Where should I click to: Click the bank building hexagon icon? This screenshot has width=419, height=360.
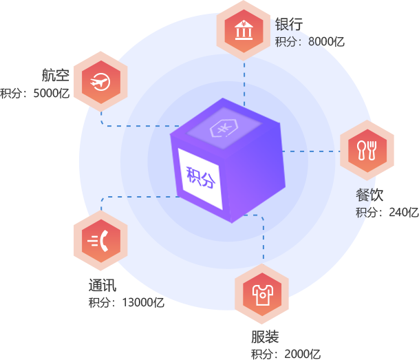[244, 30]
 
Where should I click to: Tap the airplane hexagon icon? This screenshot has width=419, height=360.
[101, 81]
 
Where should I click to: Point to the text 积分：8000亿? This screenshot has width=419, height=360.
[309, 42]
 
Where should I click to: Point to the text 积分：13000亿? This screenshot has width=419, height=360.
[126, 302]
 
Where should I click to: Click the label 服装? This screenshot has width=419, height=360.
[265, 337]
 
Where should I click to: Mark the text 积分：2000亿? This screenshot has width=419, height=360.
[285, 354]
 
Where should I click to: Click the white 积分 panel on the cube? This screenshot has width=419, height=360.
[200, 178]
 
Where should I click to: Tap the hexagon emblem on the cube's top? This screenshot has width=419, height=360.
[224, 129]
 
